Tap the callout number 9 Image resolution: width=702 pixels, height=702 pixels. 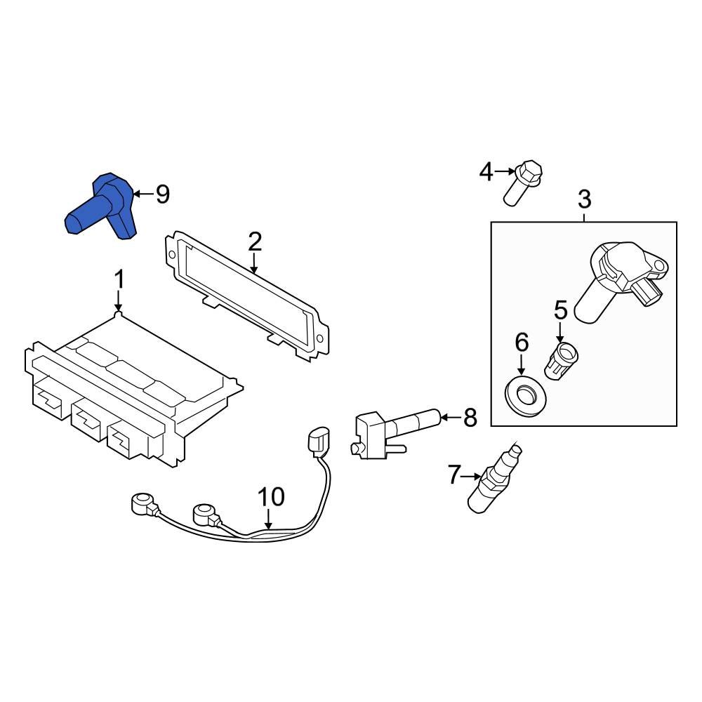click(x=162, y=194)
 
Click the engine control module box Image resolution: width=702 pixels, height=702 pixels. click(x=126, y=393)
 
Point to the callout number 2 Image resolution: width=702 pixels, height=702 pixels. click(x=254, y=241)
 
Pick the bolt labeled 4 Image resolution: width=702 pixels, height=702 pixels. click(x=523, y=183)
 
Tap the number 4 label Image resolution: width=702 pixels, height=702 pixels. click(x=486, y=171)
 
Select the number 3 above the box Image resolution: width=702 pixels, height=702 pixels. click(x=584, y=199)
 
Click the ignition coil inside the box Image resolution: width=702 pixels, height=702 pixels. click(x=618, y=281)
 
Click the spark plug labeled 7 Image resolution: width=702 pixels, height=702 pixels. click(x=495, y=477)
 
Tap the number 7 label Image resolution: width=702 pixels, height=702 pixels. click(x=454, y=475)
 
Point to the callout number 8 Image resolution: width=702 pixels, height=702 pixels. click(x=470, y=418)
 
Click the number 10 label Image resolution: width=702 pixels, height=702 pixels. click(x=271, y=497)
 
